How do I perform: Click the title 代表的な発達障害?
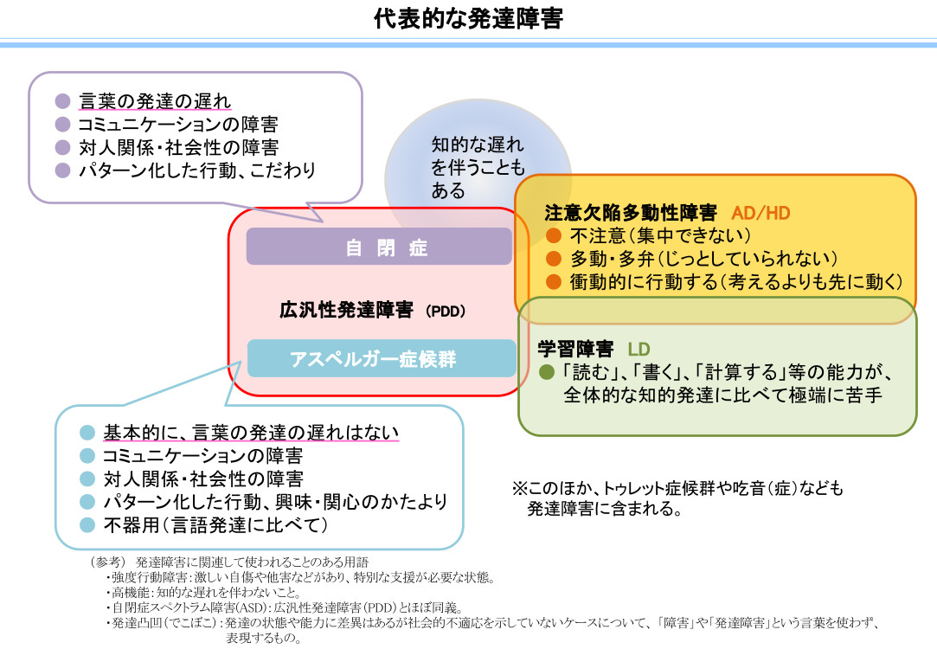[x=468, y=19]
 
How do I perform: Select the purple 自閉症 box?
[x=379, y=247]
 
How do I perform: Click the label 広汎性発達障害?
[x=346, y=310]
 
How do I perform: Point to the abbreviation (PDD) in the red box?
[x=446, y=312]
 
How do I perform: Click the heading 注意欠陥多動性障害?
[x=630, y=213]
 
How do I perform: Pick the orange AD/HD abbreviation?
[x=761, y=213]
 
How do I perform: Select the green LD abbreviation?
[x=639, y=350]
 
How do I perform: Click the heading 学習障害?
[x=575, y=350]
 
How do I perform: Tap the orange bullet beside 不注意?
[x=555, y=236]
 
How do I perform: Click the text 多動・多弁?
[x=611, y=259]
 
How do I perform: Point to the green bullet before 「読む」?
[x=546, y=372]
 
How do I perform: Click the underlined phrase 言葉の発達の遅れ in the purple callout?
[x=155, y=101]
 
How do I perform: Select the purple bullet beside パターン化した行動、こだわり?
[x=61, y=170]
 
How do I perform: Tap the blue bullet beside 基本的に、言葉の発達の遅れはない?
[x=87, y=432]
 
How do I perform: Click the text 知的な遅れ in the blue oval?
[x=478, y=145]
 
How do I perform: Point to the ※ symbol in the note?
[x=520, y=489]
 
